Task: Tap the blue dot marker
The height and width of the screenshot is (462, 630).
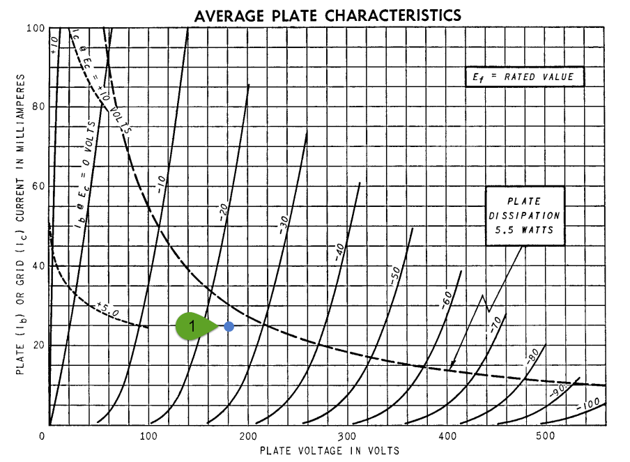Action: click(x=229, y=326)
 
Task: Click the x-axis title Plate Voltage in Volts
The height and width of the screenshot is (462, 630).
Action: click(x=330, y=451)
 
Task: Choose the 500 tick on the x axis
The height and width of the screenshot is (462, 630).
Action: click(x=546, y=436)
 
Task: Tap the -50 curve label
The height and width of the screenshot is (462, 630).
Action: click(x=394, y=275)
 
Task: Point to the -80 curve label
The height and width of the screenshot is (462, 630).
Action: click(x=532, y=360)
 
